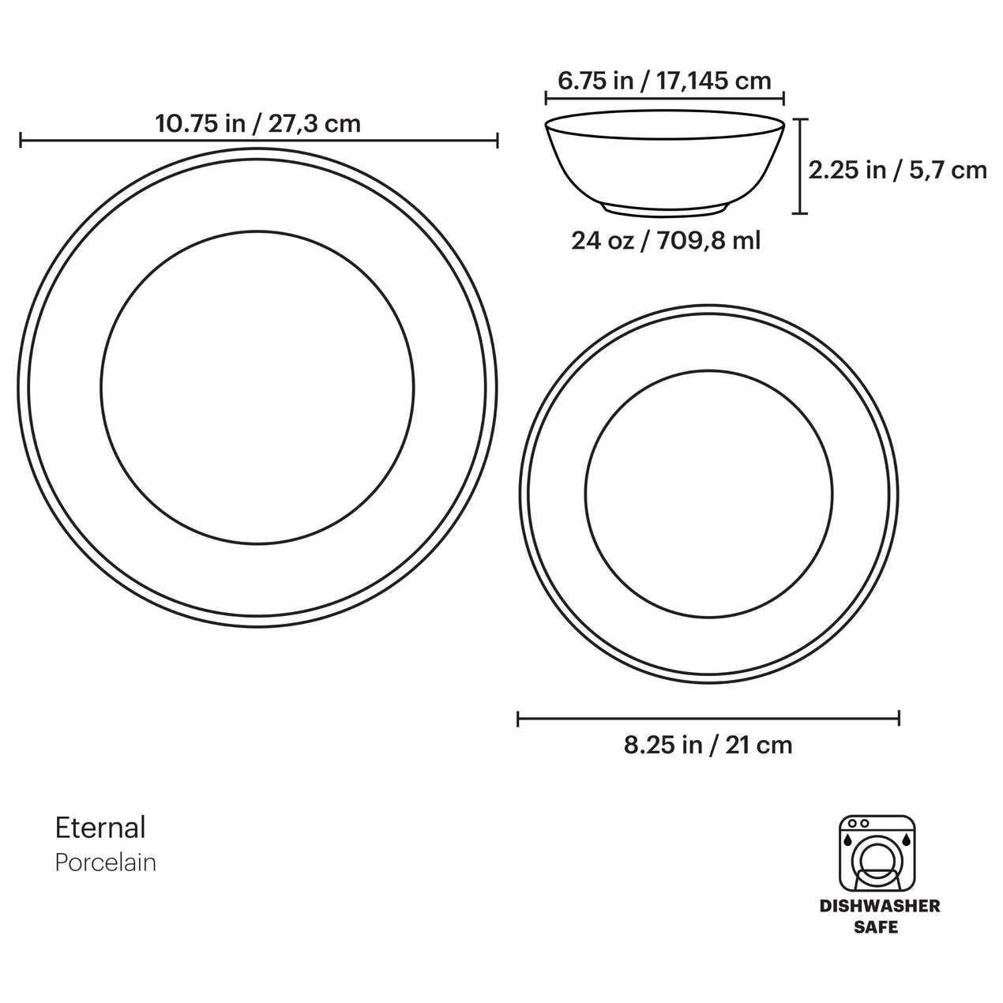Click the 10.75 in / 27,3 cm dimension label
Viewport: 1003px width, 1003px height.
click(257, 124)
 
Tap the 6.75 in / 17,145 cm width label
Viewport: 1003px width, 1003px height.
click(664, 81)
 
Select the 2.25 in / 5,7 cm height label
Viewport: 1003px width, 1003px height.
click(898, 170)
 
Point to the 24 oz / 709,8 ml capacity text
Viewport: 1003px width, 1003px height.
click(666, 240)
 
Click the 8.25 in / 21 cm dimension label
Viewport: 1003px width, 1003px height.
click(708, 745)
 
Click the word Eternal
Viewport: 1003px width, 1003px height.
click(100, 828)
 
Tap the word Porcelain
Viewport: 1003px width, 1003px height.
click(106, 862)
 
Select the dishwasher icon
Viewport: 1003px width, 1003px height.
click(877, 852)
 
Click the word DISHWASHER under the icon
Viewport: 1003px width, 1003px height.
click(880, 906)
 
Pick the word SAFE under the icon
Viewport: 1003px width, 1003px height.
click(876, 926)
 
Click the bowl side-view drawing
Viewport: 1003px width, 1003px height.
click(664, 162)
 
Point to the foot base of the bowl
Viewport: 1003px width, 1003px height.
click(665, 208)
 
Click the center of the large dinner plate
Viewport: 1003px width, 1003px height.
click(257, 387)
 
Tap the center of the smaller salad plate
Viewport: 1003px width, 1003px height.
click(708, 494)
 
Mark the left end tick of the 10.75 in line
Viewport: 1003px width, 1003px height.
click(21, 141)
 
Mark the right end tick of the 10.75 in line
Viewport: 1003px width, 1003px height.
click(497, 141)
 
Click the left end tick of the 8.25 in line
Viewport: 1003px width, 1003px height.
click(518, 719)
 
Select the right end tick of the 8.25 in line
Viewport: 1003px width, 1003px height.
click(899, 719)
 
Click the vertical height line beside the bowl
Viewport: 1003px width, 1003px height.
click(801, 166)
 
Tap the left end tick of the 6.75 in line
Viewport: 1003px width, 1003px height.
click(546, 98)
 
